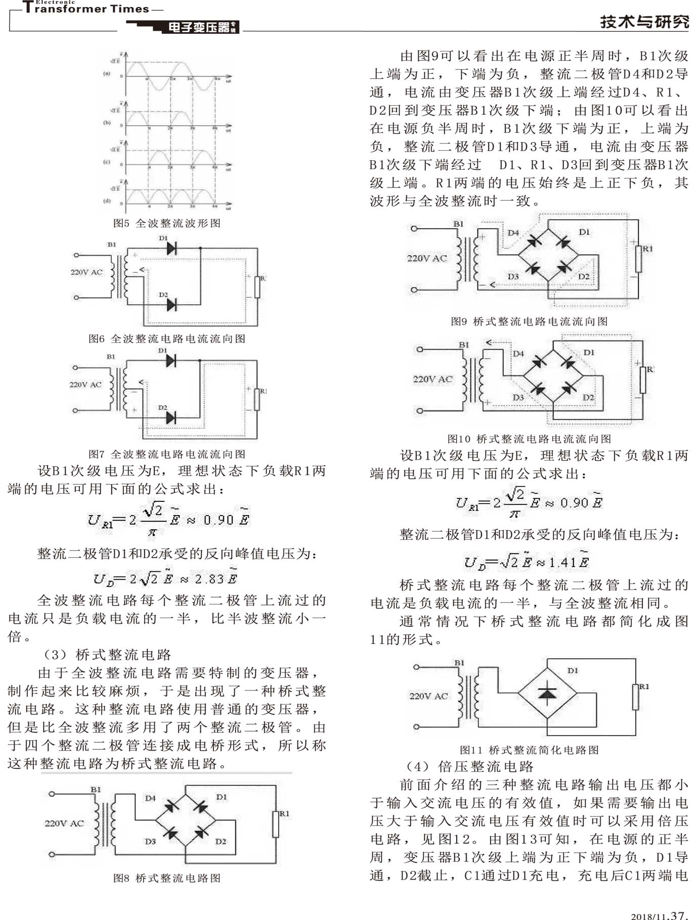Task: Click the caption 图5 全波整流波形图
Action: (x=166, y=223)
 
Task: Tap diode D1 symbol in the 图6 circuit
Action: (x=171, y=248)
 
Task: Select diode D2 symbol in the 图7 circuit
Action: (x=171, y=418)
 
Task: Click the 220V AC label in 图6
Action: (x=86, y=272)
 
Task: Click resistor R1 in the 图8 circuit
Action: (x=276, y=824)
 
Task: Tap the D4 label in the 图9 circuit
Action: (x=513, y=233)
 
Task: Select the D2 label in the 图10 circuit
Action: (x=588, y=397)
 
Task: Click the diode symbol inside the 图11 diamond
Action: (x=547, y=691)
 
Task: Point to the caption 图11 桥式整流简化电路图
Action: (x=529, y=750)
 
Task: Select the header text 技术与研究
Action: (x=644, y=22)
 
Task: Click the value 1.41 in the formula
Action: (x=562, y=562)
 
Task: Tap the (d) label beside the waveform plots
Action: (x=107, y=201)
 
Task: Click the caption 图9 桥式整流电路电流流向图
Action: (x=529, y=321)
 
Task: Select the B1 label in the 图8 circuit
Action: (x=96, y=789)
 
